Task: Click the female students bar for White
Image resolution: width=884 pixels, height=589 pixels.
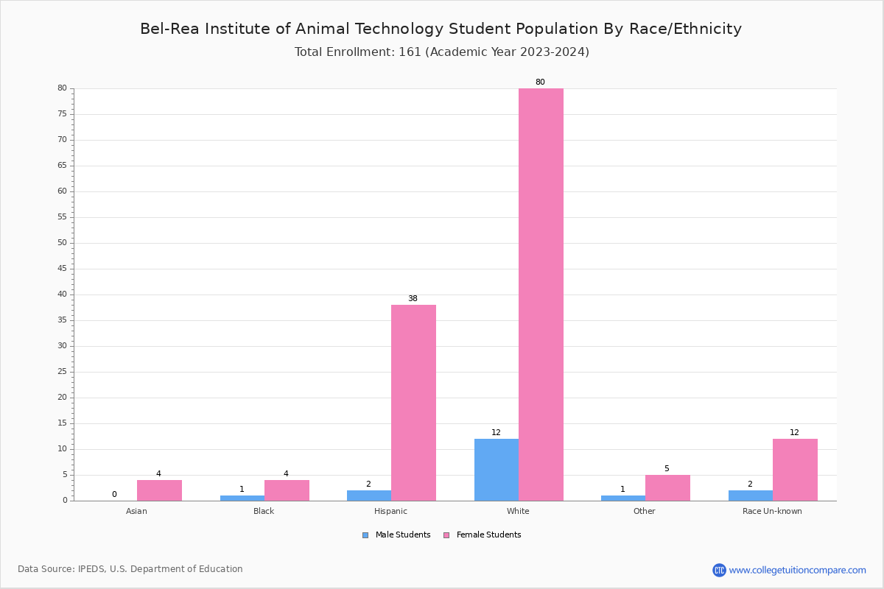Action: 541,294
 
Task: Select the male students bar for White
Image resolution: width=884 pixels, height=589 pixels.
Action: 497,470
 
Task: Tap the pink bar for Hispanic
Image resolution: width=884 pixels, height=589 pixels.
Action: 413,403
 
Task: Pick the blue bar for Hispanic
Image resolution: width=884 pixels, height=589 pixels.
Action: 369,495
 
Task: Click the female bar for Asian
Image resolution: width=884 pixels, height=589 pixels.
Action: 159,490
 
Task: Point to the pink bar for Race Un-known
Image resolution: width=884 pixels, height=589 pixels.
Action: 795,470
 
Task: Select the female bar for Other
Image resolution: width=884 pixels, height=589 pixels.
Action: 667,488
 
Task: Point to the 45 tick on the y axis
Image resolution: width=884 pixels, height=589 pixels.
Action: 63,269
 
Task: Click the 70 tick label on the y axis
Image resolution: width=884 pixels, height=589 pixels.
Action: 63,140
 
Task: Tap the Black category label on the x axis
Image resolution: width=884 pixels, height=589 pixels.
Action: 264,511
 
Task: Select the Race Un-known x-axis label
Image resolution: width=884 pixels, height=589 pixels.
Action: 772,511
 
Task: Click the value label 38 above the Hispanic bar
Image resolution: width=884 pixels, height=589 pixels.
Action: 413,299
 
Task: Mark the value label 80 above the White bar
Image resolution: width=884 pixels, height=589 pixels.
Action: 540,82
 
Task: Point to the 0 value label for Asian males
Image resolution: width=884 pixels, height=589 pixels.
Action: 114,495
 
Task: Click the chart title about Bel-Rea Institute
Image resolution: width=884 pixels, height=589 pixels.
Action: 441,29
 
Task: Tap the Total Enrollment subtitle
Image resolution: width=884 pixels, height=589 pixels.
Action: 441,52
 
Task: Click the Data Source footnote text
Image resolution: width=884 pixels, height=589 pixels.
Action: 130,569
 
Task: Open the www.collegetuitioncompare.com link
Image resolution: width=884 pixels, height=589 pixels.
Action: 797,570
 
